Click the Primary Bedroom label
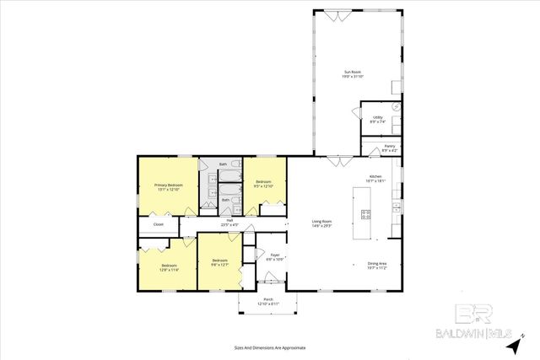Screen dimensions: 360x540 pyautogui.click(x=169, y=186)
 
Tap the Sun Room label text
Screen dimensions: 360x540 pyautogui.click(x=353, y=74)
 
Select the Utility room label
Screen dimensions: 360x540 pyautogui.click(x=378, y=119)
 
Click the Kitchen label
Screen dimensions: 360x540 pyautogui.click(x=375, y=178)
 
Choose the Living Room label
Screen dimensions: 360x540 pyautogui.click(x=322, y=223)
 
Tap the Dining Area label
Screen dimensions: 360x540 pyautogui.click(x=376, y=266)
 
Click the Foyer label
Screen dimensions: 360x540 pyautogui.click(x=275, y=256)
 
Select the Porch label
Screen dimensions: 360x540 pyautogui.click(x=267, y=301)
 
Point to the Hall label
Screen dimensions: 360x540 pyautogui.click(x=229, y=223)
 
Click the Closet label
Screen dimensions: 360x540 pyautogui.click(x=158, y=224)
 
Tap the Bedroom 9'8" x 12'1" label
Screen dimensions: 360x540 pyautogui.click(x=219, y=262)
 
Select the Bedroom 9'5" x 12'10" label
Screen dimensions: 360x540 pyautogui.click(x=264, y=183)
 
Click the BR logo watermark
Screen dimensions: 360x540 pyautogui.click(x=475, y=314)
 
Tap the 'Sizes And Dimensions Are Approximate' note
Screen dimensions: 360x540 pyautogui.click(x=270, y=347)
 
